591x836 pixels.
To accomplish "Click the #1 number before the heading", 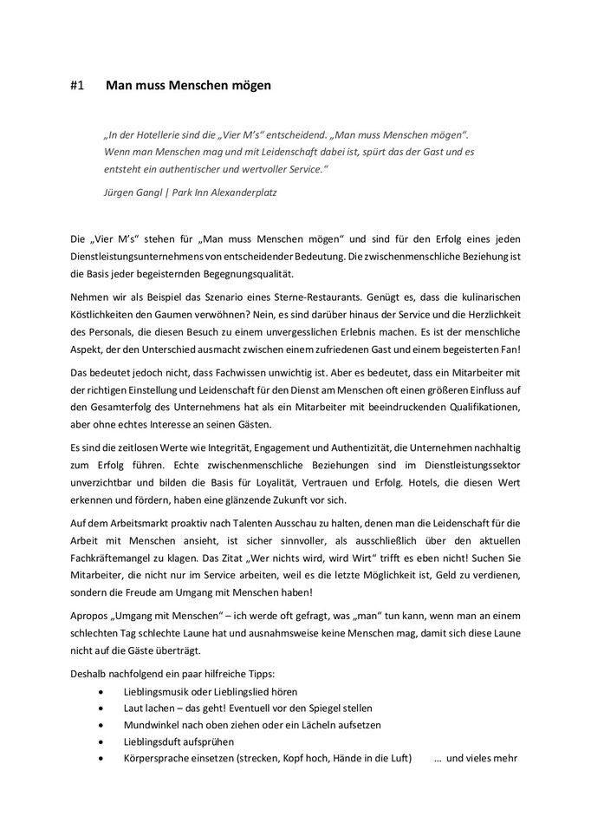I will pyautogui.click(x=76, y=87).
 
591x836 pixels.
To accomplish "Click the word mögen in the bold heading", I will pyautogui.click(x=251, y=87).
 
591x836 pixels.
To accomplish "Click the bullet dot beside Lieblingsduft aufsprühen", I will pyautogui.click(x=104, y=741).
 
